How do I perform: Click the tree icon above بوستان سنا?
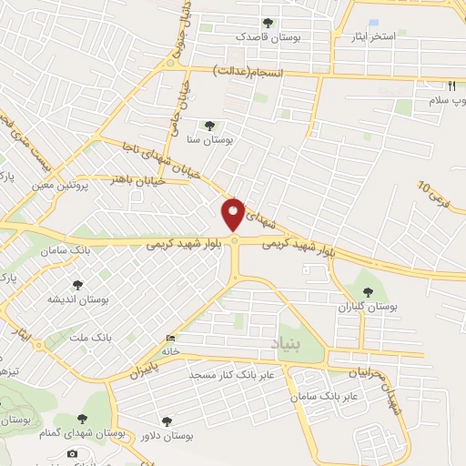coord(210,126)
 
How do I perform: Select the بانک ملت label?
coord(95,337)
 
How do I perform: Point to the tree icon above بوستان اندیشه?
coord(76,283)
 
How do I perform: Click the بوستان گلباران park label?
coord(364,307)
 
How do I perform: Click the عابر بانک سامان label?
coord(328,398)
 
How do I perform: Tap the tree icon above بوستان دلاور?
coord(166,420)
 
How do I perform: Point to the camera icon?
coord(72,453)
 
